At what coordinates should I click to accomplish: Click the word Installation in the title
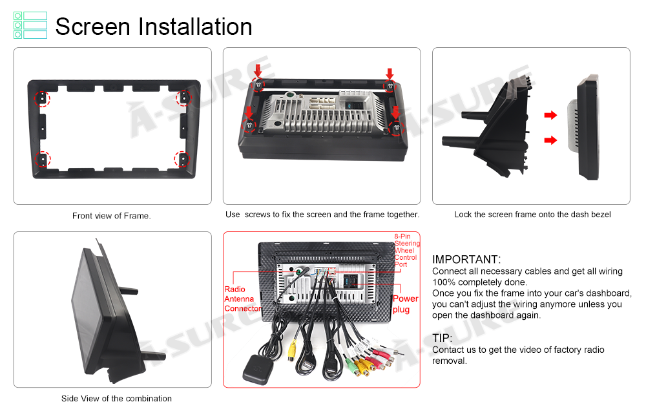tap(195, 26)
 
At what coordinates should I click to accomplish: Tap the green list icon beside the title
tap(30, 25)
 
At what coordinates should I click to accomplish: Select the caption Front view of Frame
tap(112, 216)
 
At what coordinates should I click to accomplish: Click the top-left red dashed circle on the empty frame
tap(42, 99)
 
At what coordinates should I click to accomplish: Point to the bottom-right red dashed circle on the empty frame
tap(182, 159)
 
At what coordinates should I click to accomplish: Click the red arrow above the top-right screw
tap(390, 74)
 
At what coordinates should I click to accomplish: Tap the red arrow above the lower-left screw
tap(249, 112)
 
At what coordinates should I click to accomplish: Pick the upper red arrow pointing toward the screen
tap(550, 115)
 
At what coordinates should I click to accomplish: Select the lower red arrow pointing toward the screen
tap(550, 140)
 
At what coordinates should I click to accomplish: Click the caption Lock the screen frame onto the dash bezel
tap(532, 215)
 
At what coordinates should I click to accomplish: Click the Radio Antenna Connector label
tap(242, 299)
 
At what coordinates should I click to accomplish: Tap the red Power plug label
tap(406, 304)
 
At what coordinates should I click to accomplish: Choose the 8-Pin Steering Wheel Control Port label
tap(406, 250)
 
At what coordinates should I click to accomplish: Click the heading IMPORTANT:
tap(466, 259)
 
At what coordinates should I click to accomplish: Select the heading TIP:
tap(442, 338)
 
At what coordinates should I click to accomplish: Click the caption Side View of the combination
tap(116, 399)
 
